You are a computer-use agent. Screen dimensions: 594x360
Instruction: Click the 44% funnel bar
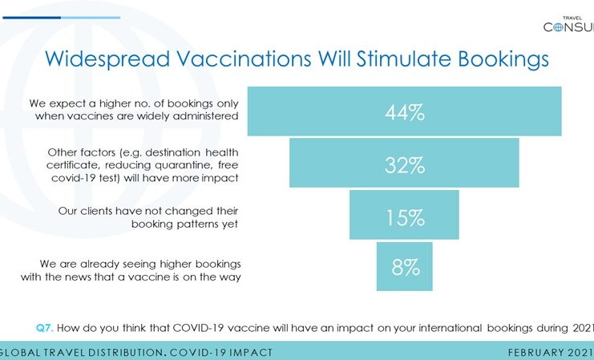(405, 111)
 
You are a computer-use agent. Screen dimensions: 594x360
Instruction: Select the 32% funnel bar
(404, 163)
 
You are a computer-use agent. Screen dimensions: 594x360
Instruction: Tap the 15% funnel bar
(404, 215)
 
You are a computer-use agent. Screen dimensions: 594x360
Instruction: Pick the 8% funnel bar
(405, 267)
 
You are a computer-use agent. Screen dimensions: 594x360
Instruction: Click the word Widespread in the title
(107, 59)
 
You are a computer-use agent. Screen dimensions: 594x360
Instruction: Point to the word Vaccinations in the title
(244, 59)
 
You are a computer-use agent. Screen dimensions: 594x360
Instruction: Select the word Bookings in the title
(503, 59)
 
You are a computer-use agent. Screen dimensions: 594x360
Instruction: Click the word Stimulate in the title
(403, 59)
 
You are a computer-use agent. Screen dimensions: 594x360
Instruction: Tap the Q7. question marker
(45, 328)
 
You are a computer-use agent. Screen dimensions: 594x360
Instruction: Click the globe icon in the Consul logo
(559, 27)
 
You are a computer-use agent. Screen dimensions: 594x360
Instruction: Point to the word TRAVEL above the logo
(572, 18)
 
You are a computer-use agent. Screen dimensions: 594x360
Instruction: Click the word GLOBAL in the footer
(20, 353)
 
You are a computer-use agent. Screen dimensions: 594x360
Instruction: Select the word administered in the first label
(206, 116)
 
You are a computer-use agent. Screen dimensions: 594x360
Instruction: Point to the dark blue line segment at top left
(32, 18)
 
